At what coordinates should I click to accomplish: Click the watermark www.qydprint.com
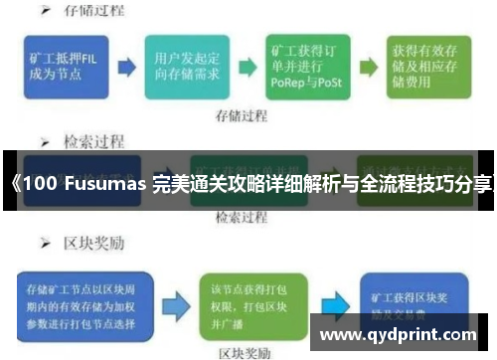point(402,335)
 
